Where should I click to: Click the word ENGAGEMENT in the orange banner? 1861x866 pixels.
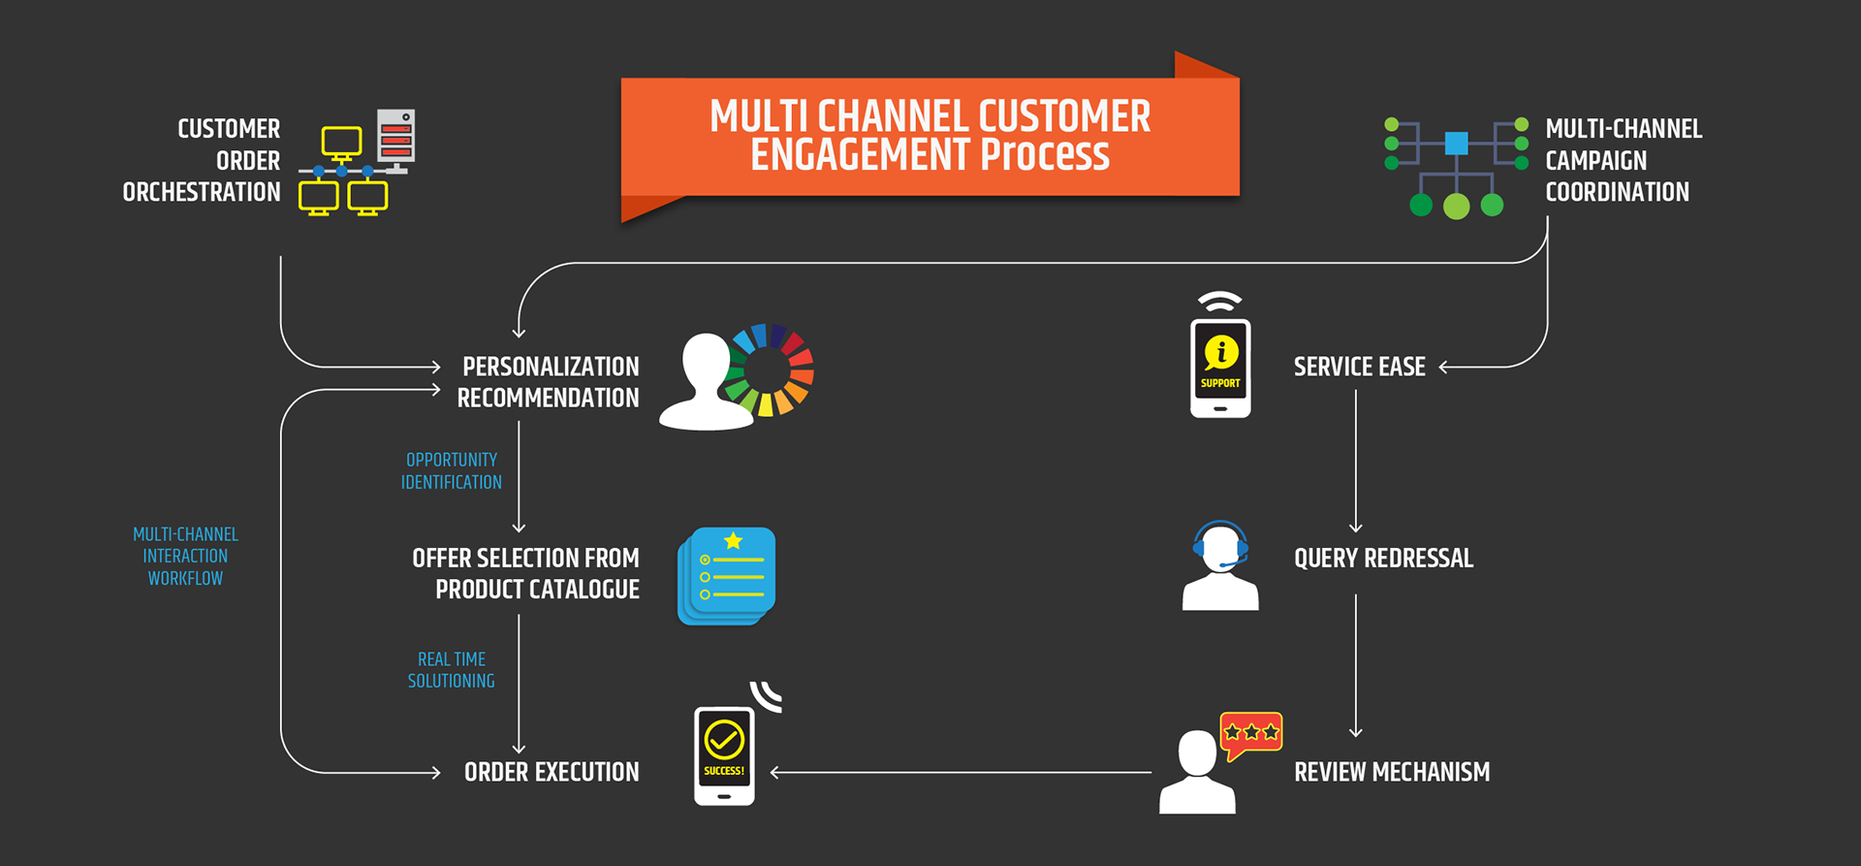point(860,155)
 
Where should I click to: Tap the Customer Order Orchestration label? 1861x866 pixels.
point(202,161)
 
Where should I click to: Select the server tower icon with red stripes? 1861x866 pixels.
point(395,138)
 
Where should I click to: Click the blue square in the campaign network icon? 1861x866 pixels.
point(1456,144)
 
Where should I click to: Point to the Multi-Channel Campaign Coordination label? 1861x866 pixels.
point(1623,161)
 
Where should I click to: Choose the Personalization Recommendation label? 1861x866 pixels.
point(549,382)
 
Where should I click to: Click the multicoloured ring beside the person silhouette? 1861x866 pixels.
point(773,369)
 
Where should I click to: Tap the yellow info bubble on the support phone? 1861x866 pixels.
point(1221,351)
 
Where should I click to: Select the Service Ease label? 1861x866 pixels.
point(1359,368)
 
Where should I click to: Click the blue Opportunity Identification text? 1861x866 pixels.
point(452,471)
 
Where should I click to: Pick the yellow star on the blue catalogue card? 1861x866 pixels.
point(734,540)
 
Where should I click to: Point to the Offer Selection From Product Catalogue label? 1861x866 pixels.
point(526,574)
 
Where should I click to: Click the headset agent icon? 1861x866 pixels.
point(1220,566)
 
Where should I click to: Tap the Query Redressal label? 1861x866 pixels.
point(1383,559)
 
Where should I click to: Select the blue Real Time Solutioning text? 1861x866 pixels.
point(452,670)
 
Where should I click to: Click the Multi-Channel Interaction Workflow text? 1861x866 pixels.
point(185,557)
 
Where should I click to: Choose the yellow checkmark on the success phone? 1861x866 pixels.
point(724,740)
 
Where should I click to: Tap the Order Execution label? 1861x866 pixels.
point(552,773)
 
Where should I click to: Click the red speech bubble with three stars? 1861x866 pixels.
point(1251,733)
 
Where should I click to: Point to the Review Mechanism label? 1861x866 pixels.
point(1392,773)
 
